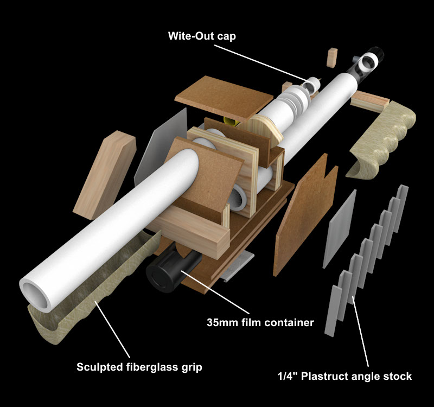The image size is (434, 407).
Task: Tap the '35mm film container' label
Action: (260, 322)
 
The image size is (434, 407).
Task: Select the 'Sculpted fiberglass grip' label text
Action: (139, 367)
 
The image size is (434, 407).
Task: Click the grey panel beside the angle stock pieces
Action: (340, 228)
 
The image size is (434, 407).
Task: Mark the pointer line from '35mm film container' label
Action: (217, 293)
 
